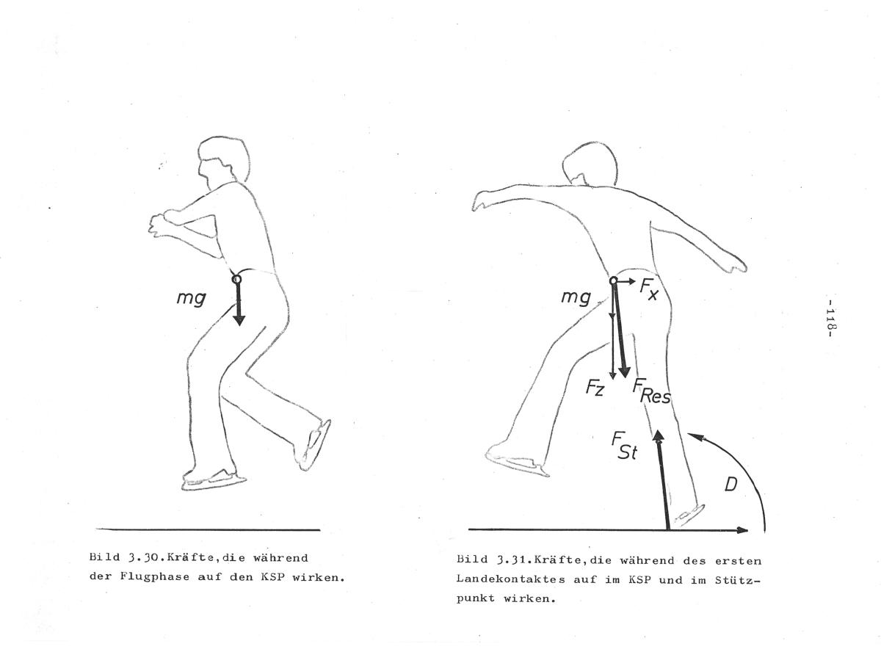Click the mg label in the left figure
(x=191, y=298)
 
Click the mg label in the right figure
(x=576, y=297)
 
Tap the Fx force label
(x=649, y=289)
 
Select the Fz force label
(x=595, y=388)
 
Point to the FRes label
(x=651, y=391)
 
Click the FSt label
(x=625, y=446)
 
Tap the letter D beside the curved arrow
(x=731, y=485)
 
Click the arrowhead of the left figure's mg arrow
(x=239, y=319)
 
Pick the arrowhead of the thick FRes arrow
(x=624, y=372)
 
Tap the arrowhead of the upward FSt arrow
(x=658, y=436)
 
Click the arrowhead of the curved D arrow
(x=695, y=436)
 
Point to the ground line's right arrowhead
(x=742, y=530)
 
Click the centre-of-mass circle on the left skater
(x=236, y=279)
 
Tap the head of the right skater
(x=590, y=164)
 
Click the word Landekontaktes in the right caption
(x=510, y=579)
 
